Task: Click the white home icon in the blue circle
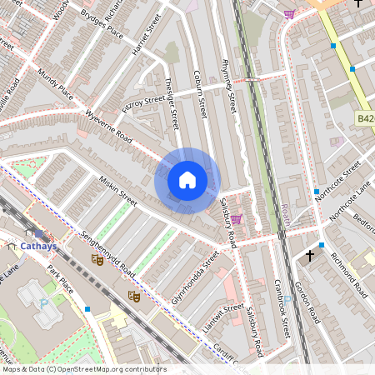coord(187,180)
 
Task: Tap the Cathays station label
coord(38,247)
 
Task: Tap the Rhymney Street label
coord(226,87)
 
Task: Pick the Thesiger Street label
coord(172,102)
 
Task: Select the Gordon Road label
coord(310,304)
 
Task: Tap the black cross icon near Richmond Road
coord(310,255)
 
